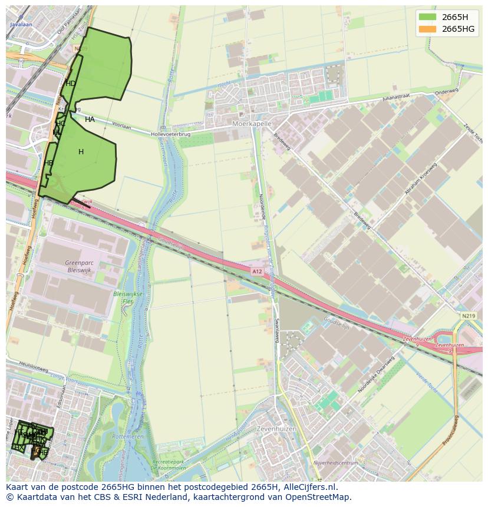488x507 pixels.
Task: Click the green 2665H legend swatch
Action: pos(428,16)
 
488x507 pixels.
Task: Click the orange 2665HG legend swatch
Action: pos(428,29)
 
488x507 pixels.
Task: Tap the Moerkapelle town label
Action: pos(252,124)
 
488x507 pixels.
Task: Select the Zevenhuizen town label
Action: pos(277,429)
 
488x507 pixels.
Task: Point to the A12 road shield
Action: pos(256,271)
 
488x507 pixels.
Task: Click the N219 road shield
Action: pos(469,316)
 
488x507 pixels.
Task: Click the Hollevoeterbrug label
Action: pos(172,134)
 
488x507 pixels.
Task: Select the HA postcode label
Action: pos(90,120)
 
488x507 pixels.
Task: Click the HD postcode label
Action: pos(71,84)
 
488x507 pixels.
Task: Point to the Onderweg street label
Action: pos(446,92)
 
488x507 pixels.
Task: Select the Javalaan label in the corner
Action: pos(21,25)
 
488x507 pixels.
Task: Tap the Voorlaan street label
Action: pos(121,125)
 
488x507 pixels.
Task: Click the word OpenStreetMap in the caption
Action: pos(319,497)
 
